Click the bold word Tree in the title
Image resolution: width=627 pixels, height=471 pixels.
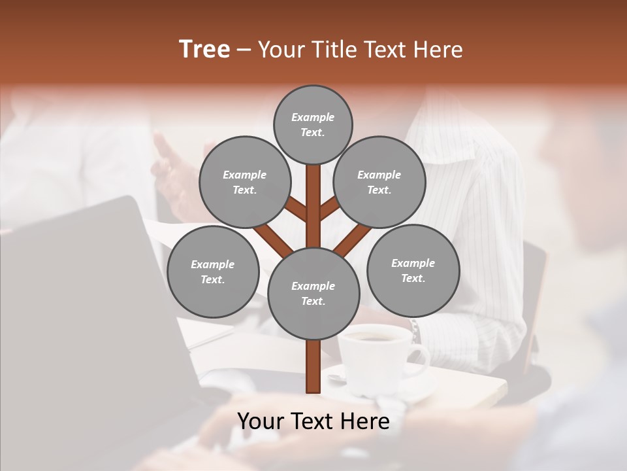tap(204, 50)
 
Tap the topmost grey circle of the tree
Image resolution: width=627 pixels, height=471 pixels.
tap(313, 124)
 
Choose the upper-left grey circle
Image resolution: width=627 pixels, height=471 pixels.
tap(244, 182)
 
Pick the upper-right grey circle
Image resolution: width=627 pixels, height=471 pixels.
tap(379, 182)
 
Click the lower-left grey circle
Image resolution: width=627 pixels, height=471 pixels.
tap(213, 272)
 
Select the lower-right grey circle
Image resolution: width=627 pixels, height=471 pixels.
tap(413, 270)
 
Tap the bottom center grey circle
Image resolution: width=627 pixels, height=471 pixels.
tap(313, 294)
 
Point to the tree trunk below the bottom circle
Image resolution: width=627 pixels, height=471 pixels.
tap(313, 366)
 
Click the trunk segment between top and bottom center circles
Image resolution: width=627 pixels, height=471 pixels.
tap(313, 206)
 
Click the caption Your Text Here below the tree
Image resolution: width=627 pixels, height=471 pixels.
tap(313, 421)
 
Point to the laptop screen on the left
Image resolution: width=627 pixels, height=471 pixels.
tap(78, 294)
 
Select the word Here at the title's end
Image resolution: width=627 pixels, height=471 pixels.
tap(438, 50)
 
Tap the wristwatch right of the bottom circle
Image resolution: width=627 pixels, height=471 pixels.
tap(415, 330)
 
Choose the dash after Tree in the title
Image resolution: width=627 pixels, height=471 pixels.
tap(244, 50)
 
